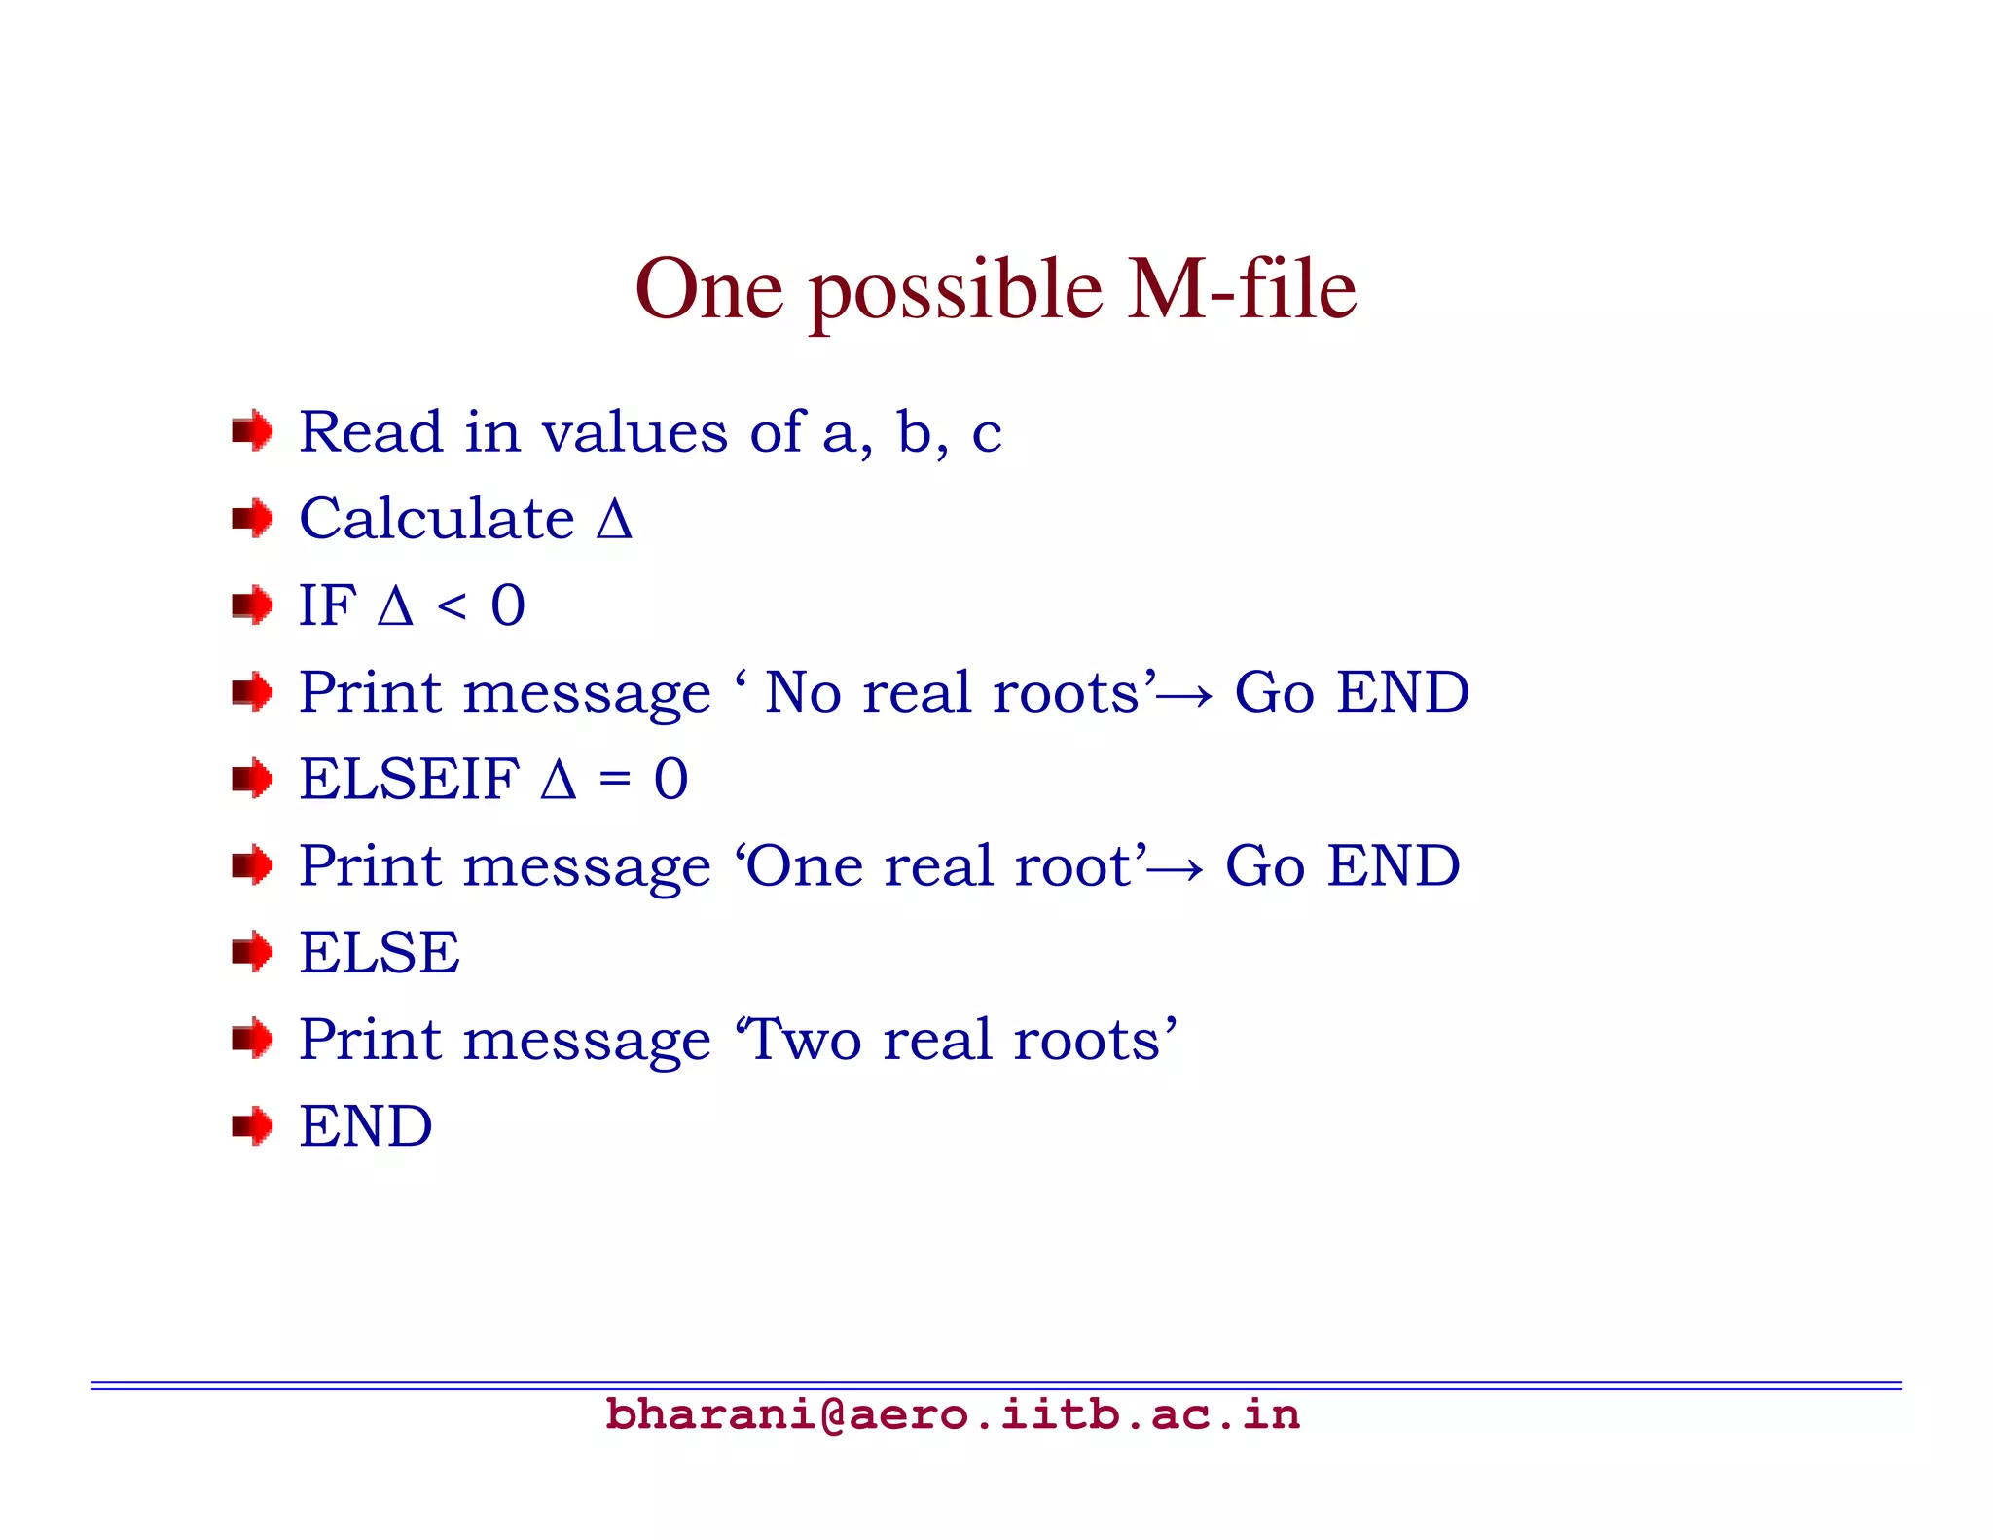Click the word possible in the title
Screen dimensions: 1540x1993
point(956,290)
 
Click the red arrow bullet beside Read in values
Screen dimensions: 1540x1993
point(252,431)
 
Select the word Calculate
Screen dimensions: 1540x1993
point(437,518)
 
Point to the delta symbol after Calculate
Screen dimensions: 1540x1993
point(614,520)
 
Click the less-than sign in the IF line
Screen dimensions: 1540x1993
point(452,606)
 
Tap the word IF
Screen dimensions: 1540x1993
point(327,605)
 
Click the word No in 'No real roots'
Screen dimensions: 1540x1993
point(803,692)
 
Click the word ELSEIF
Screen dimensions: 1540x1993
point(409,779)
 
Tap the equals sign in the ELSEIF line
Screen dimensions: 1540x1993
point(614,780)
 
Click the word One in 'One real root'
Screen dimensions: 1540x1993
point(806,865)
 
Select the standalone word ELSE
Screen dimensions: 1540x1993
point(380,952)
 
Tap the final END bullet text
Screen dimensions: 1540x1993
point(366,1126)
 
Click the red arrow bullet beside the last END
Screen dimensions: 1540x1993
point(252,1126)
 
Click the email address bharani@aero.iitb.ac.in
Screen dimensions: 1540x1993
point(952,1414)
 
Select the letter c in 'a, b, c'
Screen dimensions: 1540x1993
point(987,434)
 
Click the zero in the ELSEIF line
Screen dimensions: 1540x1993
point(670,779)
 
